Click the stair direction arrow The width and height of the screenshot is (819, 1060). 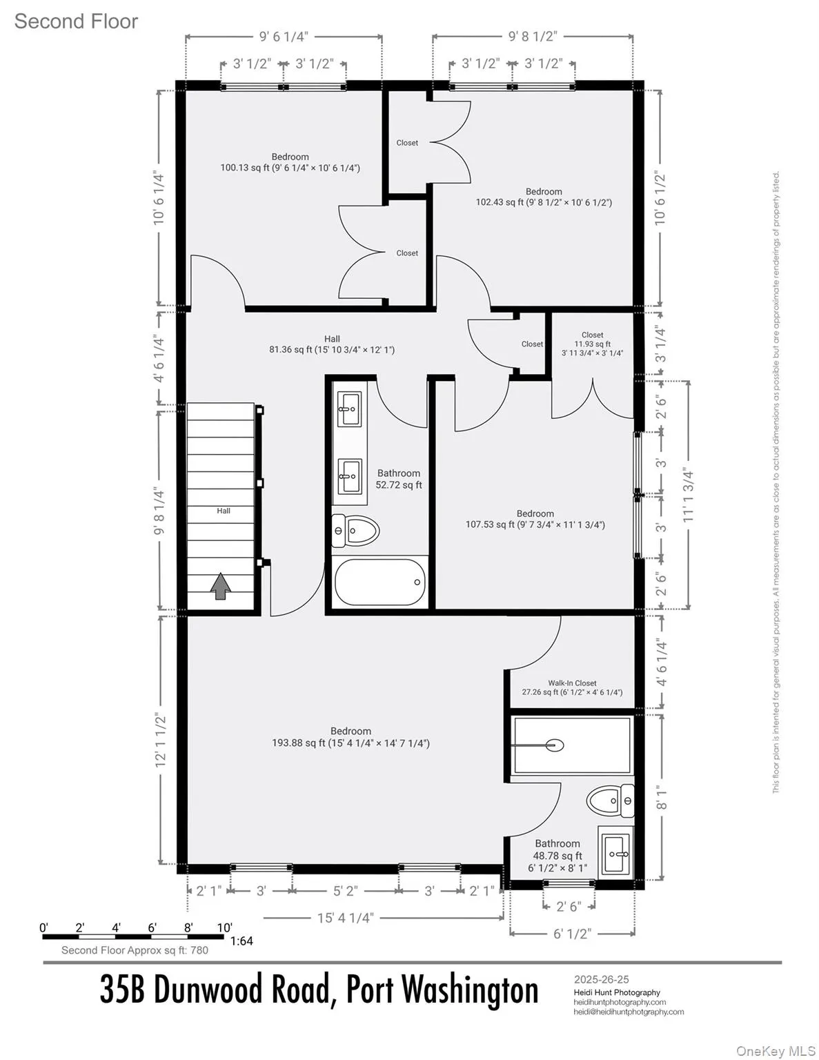point(221,587)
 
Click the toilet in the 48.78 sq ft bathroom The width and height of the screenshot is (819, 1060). point(610,801)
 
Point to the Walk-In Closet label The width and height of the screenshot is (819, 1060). point(572,683)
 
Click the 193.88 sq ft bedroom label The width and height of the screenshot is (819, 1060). point(351,737)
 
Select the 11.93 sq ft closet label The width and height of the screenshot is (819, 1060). point(592,344)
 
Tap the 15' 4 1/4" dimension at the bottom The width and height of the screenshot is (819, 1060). point(345,918)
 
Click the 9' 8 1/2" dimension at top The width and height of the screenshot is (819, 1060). point(533,37)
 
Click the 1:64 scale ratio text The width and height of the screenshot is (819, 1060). point(241,941)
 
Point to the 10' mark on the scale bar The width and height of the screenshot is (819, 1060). point(225,927)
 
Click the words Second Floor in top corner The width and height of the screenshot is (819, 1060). point(76,21)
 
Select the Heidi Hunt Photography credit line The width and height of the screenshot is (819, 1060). point(617,992)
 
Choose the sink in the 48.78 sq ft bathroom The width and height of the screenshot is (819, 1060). point(614,854)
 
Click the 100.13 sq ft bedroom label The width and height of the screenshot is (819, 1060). point(290,162)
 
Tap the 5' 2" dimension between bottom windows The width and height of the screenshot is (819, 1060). point(345,891)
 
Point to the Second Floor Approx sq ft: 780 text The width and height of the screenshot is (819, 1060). point(135,950)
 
